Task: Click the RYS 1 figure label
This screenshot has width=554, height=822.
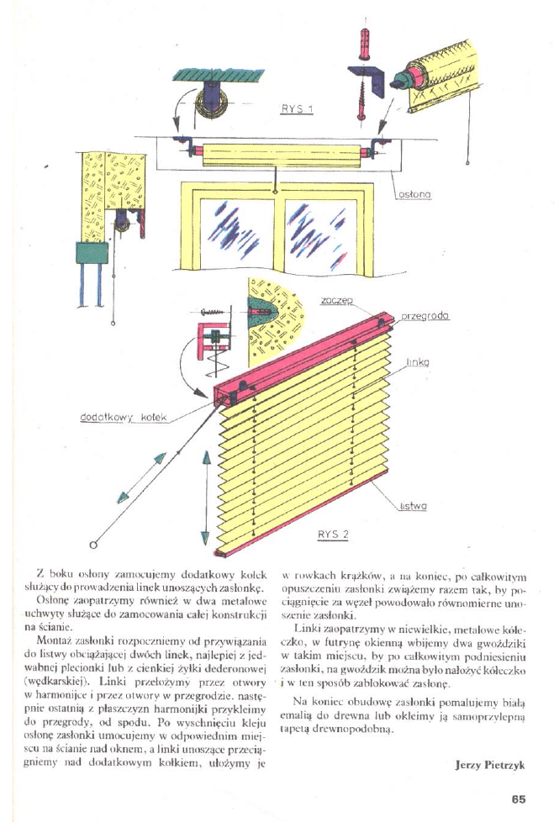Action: pyautogui.click(x=297, y=111)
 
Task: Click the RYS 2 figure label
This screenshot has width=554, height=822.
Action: pyautogui.click(x=333, y=534)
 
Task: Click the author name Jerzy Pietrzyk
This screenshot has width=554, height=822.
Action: pyautogui.click(x=489, y=765)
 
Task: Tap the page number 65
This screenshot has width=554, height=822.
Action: pyautogui.click(x=517, y=800)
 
